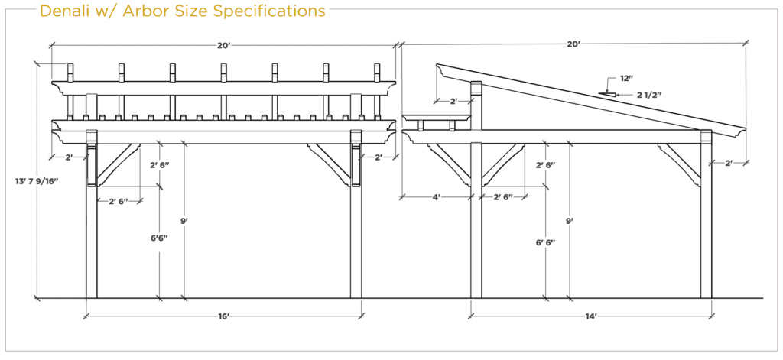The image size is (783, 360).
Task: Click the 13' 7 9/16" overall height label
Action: tap(37, 180)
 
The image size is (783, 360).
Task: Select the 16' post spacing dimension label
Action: tap(223, 316)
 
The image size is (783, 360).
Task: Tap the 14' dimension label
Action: tap(593, 316)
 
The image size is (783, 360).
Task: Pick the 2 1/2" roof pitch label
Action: tap(649, 94)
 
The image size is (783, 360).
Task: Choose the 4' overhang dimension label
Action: tap(437, 197)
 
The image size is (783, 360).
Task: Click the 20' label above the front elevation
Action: tap(223, 45)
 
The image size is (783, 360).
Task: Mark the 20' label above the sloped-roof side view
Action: tap(573, 44)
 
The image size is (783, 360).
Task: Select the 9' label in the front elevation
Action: tap(185, 219)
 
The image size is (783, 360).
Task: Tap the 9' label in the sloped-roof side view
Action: tap(570, 219)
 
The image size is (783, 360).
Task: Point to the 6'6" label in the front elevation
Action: tap(159, 238)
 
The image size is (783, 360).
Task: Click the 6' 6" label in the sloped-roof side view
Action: tap(546, 242)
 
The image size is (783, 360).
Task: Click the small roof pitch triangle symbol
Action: tap(605, 93)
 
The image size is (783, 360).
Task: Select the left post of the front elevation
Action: tap(92, 215)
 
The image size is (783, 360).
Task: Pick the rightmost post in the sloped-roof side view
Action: tap(707, 215)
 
